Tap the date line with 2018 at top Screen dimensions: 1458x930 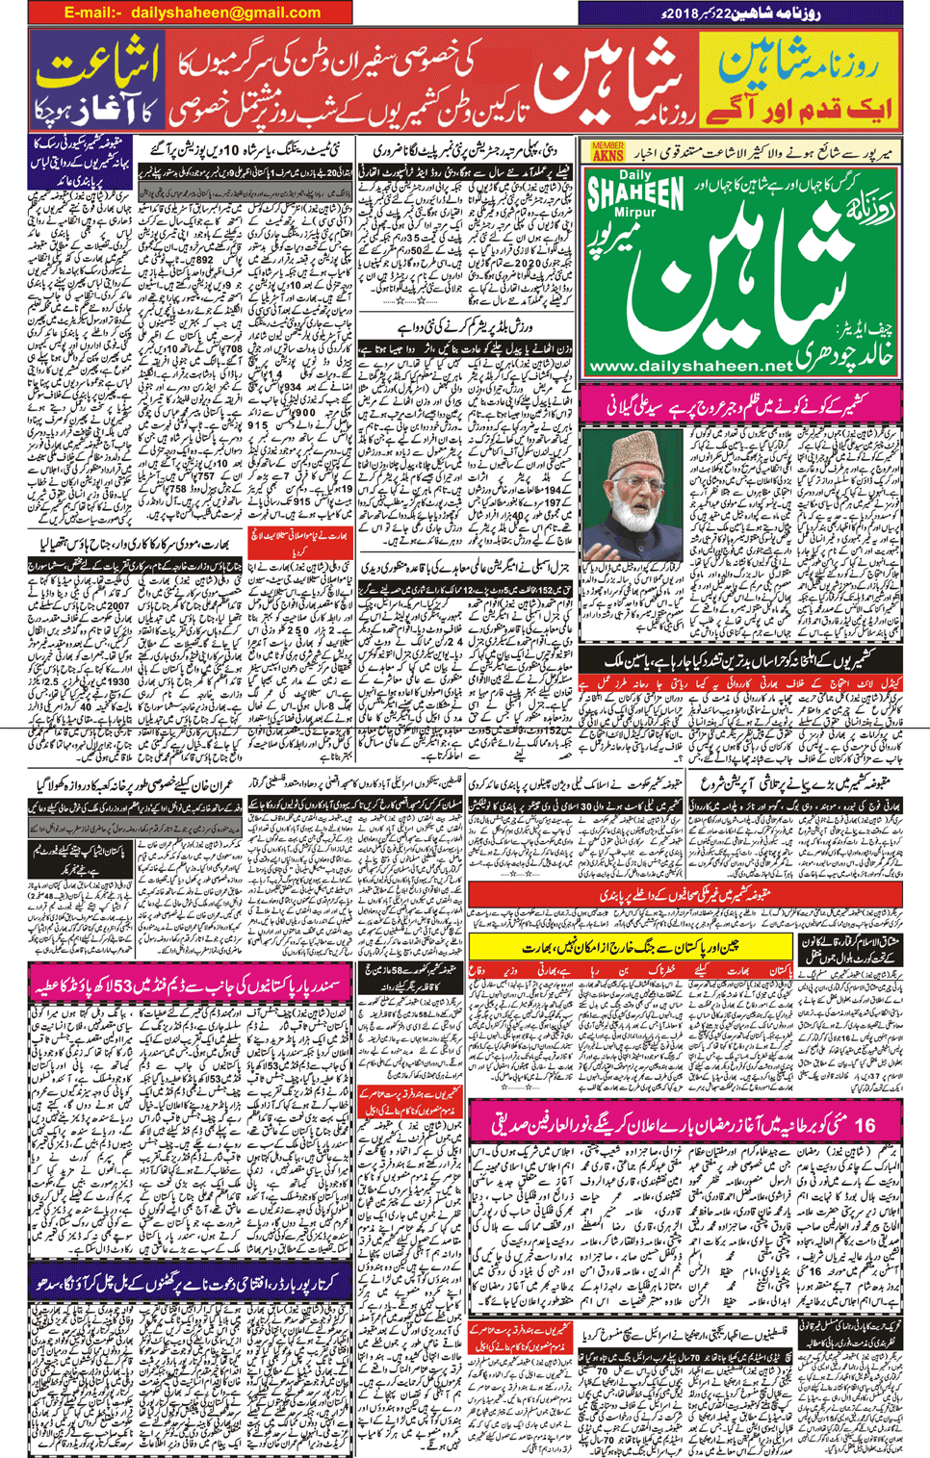(741, 13)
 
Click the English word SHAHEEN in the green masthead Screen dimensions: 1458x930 (633, 189)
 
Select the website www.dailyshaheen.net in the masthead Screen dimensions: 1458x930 (689, 366)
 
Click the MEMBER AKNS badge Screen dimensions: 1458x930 (607, 151)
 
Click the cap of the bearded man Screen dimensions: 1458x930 (633, 442)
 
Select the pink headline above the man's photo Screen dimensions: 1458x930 (741, 404)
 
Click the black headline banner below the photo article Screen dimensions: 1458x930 (741, 663)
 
